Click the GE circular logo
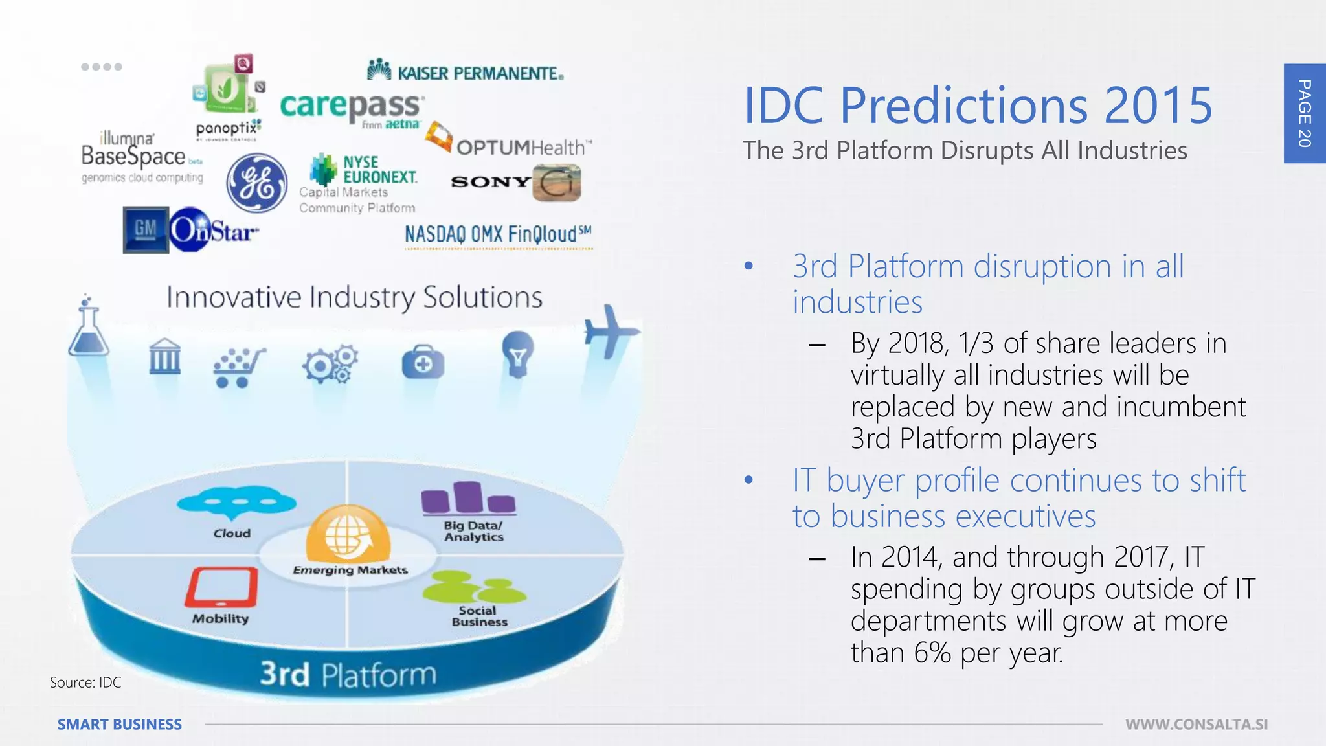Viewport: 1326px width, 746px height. coord(257,183)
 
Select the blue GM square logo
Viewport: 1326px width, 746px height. coord(146,229)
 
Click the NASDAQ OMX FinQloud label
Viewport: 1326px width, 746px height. coord(497,234)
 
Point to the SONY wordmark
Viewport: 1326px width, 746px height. coord(490,182)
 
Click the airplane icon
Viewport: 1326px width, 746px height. coord(610,332)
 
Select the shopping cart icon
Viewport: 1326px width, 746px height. coord(238,368)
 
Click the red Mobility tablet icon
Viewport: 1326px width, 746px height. coord(221,587)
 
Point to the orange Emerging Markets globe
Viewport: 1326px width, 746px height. coord(348,535)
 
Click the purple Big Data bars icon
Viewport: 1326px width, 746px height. coord(468,499)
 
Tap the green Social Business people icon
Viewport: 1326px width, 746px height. coord(474,587)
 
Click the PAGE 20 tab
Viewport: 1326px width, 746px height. coord(1305,113)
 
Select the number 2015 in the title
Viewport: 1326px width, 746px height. coord(1158,106)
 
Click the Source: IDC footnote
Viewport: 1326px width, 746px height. coord(85,683)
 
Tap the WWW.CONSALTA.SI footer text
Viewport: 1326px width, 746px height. coord(1197,725)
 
